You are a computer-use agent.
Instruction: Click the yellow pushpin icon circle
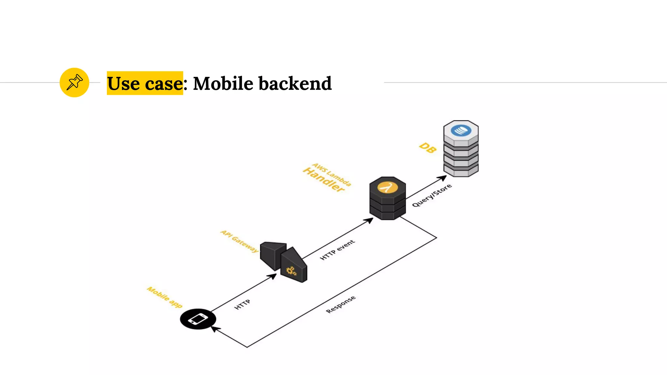[x=74, y=82]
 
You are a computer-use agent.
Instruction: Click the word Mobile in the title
[x=223, y=83]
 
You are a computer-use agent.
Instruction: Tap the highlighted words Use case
[x=145, y=83]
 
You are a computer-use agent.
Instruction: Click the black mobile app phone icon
[x=198, y=319]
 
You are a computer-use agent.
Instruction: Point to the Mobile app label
[x=164, y=297]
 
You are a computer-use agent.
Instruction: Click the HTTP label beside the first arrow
[x=242, y=304]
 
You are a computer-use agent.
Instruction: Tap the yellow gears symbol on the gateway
[x=291, y=271]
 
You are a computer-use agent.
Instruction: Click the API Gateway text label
[x=240, y=241]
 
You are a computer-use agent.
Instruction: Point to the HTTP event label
[x=337, y=250]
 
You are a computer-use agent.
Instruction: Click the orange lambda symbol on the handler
[x=387, y=187]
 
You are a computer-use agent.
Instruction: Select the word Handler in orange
[x=323, y=180]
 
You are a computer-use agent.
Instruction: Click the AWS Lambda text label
[x=332, y=174]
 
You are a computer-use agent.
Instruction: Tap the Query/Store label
[x=432, y=195]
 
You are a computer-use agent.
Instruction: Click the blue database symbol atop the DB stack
[x=461, y=131]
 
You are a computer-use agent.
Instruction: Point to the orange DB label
[x=428, y=148]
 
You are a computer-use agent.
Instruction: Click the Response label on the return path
[x=341, y=304]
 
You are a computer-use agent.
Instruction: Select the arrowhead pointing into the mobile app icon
[x=215, y=329]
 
